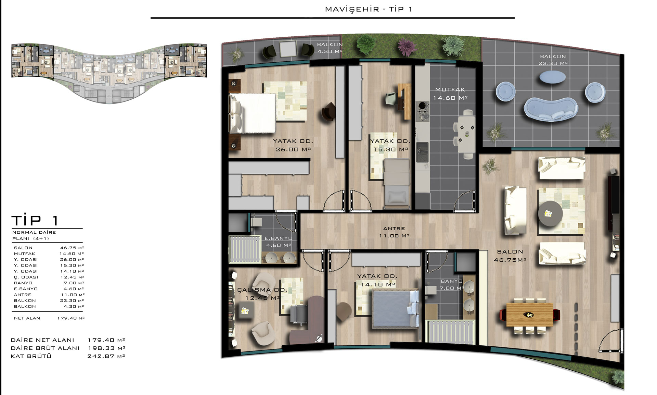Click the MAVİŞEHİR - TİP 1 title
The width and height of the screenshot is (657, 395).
[369, 9]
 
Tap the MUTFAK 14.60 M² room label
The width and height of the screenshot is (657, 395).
[450, 94]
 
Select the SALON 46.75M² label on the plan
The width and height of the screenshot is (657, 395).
[510, 256]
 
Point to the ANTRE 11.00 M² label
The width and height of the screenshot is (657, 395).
[394, 232]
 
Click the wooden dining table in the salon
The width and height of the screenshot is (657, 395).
[529, 314]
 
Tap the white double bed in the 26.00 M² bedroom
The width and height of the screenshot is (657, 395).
[253, 113]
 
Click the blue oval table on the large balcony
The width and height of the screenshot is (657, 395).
[552, 77]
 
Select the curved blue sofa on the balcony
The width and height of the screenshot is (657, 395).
[551, 109]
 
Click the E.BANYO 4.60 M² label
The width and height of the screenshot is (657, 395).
[278, 242]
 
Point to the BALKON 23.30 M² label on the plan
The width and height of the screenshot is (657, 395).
[553, 60]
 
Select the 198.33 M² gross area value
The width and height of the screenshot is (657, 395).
[106, 348]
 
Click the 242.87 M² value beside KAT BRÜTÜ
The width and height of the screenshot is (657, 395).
[106, 356]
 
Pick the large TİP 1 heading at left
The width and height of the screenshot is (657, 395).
[35, 220]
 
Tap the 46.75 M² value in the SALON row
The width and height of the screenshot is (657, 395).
[72, 248]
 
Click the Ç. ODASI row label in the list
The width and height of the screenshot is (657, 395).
[26, 277]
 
